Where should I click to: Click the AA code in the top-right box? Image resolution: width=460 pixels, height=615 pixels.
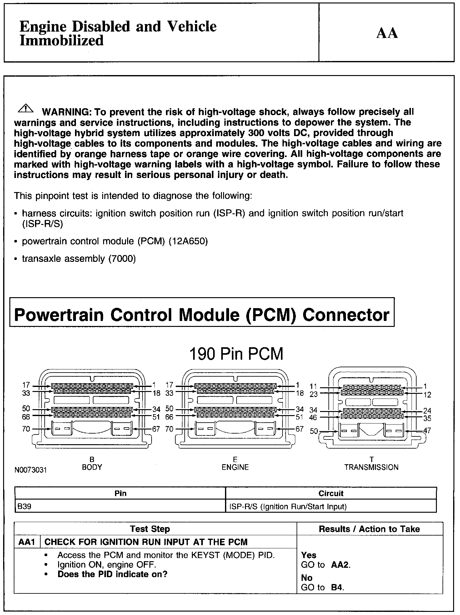point(387,33)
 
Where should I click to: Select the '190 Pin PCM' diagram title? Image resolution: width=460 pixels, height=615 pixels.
point(236,354)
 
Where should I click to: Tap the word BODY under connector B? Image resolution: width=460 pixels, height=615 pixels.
point(92,467)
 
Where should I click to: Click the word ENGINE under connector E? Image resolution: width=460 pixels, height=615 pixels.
point(235,467)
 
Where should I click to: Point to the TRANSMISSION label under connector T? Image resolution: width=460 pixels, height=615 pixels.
point(371,467)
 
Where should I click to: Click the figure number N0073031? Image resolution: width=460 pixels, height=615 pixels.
point(30,470)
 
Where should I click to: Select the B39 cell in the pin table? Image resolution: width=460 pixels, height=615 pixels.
point(24,506)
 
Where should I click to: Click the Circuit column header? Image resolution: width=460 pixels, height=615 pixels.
point(331,493)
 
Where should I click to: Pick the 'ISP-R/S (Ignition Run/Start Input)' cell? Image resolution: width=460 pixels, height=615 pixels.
point(288,506)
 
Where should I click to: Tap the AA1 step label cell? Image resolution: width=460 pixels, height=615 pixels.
point(27,542)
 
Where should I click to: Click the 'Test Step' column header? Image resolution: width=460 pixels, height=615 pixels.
point(150,529)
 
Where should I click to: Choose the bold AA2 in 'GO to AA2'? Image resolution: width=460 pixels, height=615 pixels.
point(340,565)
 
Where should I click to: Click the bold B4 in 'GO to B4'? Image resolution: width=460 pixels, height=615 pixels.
point(337,587)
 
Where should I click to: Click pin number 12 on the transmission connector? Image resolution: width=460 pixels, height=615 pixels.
point(427,395)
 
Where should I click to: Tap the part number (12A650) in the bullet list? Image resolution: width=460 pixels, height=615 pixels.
point(188,241)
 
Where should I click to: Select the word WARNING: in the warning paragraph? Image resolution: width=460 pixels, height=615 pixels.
point(66,112)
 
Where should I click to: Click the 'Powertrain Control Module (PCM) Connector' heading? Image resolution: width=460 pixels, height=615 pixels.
point(202,314)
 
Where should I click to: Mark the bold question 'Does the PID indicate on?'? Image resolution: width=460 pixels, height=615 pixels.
point(112,574)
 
